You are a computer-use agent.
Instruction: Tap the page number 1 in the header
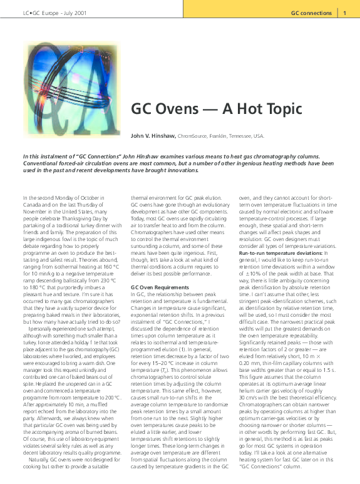pos(344,13)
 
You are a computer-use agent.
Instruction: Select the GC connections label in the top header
pos(311,13)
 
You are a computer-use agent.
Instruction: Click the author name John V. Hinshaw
pos(153,135)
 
